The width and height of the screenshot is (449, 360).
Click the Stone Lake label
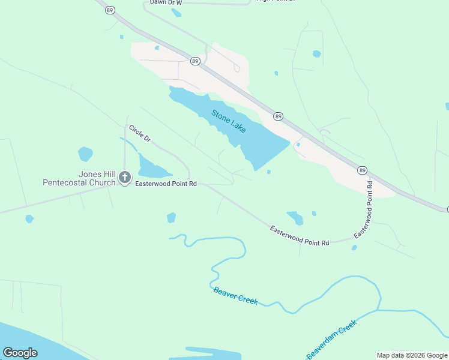click(x=228, y=121)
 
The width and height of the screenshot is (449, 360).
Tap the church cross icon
click(x=125, y=177)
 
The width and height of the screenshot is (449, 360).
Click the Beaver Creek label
click(x=235, y=296)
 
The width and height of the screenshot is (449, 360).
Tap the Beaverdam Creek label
click(x=331, y=340)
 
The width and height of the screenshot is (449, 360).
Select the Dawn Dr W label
click(x=166, y=2)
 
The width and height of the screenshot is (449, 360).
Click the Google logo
click(x=20, y=353)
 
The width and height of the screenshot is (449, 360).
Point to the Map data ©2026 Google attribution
click(x=411, y=355)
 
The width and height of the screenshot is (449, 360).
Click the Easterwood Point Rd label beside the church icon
click(x=167, y=184)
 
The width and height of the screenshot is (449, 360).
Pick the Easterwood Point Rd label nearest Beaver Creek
click(x=300, y=236)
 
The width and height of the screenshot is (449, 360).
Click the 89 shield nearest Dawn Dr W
click(x=109, y=10)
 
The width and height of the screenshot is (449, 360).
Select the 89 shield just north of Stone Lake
click(x=195, y=61)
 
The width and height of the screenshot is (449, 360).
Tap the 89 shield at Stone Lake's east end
click(x=278, y=116)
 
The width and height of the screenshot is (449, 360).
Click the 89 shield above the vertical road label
click(x=362, y=170)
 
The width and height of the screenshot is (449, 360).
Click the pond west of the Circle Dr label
click(x=85, y=154)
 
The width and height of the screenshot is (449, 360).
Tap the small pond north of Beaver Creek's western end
click(x=171, y=217)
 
